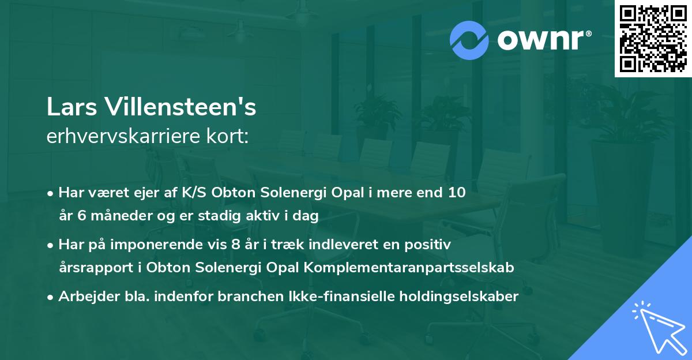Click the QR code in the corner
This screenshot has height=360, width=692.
pos(653,38)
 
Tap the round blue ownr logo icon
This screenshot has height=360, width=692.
pos(469,39)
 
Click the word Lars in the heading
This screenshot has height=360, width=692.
pos(66,108)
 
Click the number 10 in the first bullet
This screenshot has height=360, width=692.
pos(457,193)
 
